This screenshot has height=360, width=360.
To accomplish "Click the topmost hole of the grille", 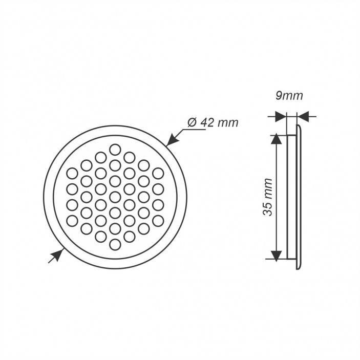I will point(115,150).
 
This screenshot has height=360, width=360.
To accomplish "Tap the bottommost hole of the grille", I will point(115,244).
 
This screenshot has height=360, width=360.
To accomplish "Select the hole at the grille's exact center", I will point(115,197).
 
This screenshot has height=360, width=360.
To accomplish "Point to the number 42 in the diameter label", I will point(207,122).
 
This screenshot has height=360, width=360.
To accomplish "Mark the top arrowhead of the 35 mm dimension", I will point(277,140).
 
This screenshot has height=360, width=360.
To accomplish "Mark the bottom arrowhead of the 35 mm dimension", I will point(277,255).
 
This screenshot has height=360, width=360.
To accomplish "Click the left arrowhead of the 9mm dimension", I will point(281,117).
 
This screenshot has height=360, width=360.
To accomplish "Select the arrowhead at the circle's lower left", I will point(57,255).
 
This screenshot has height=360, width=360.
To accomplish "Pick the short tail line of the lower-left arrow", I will point(50,261).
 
